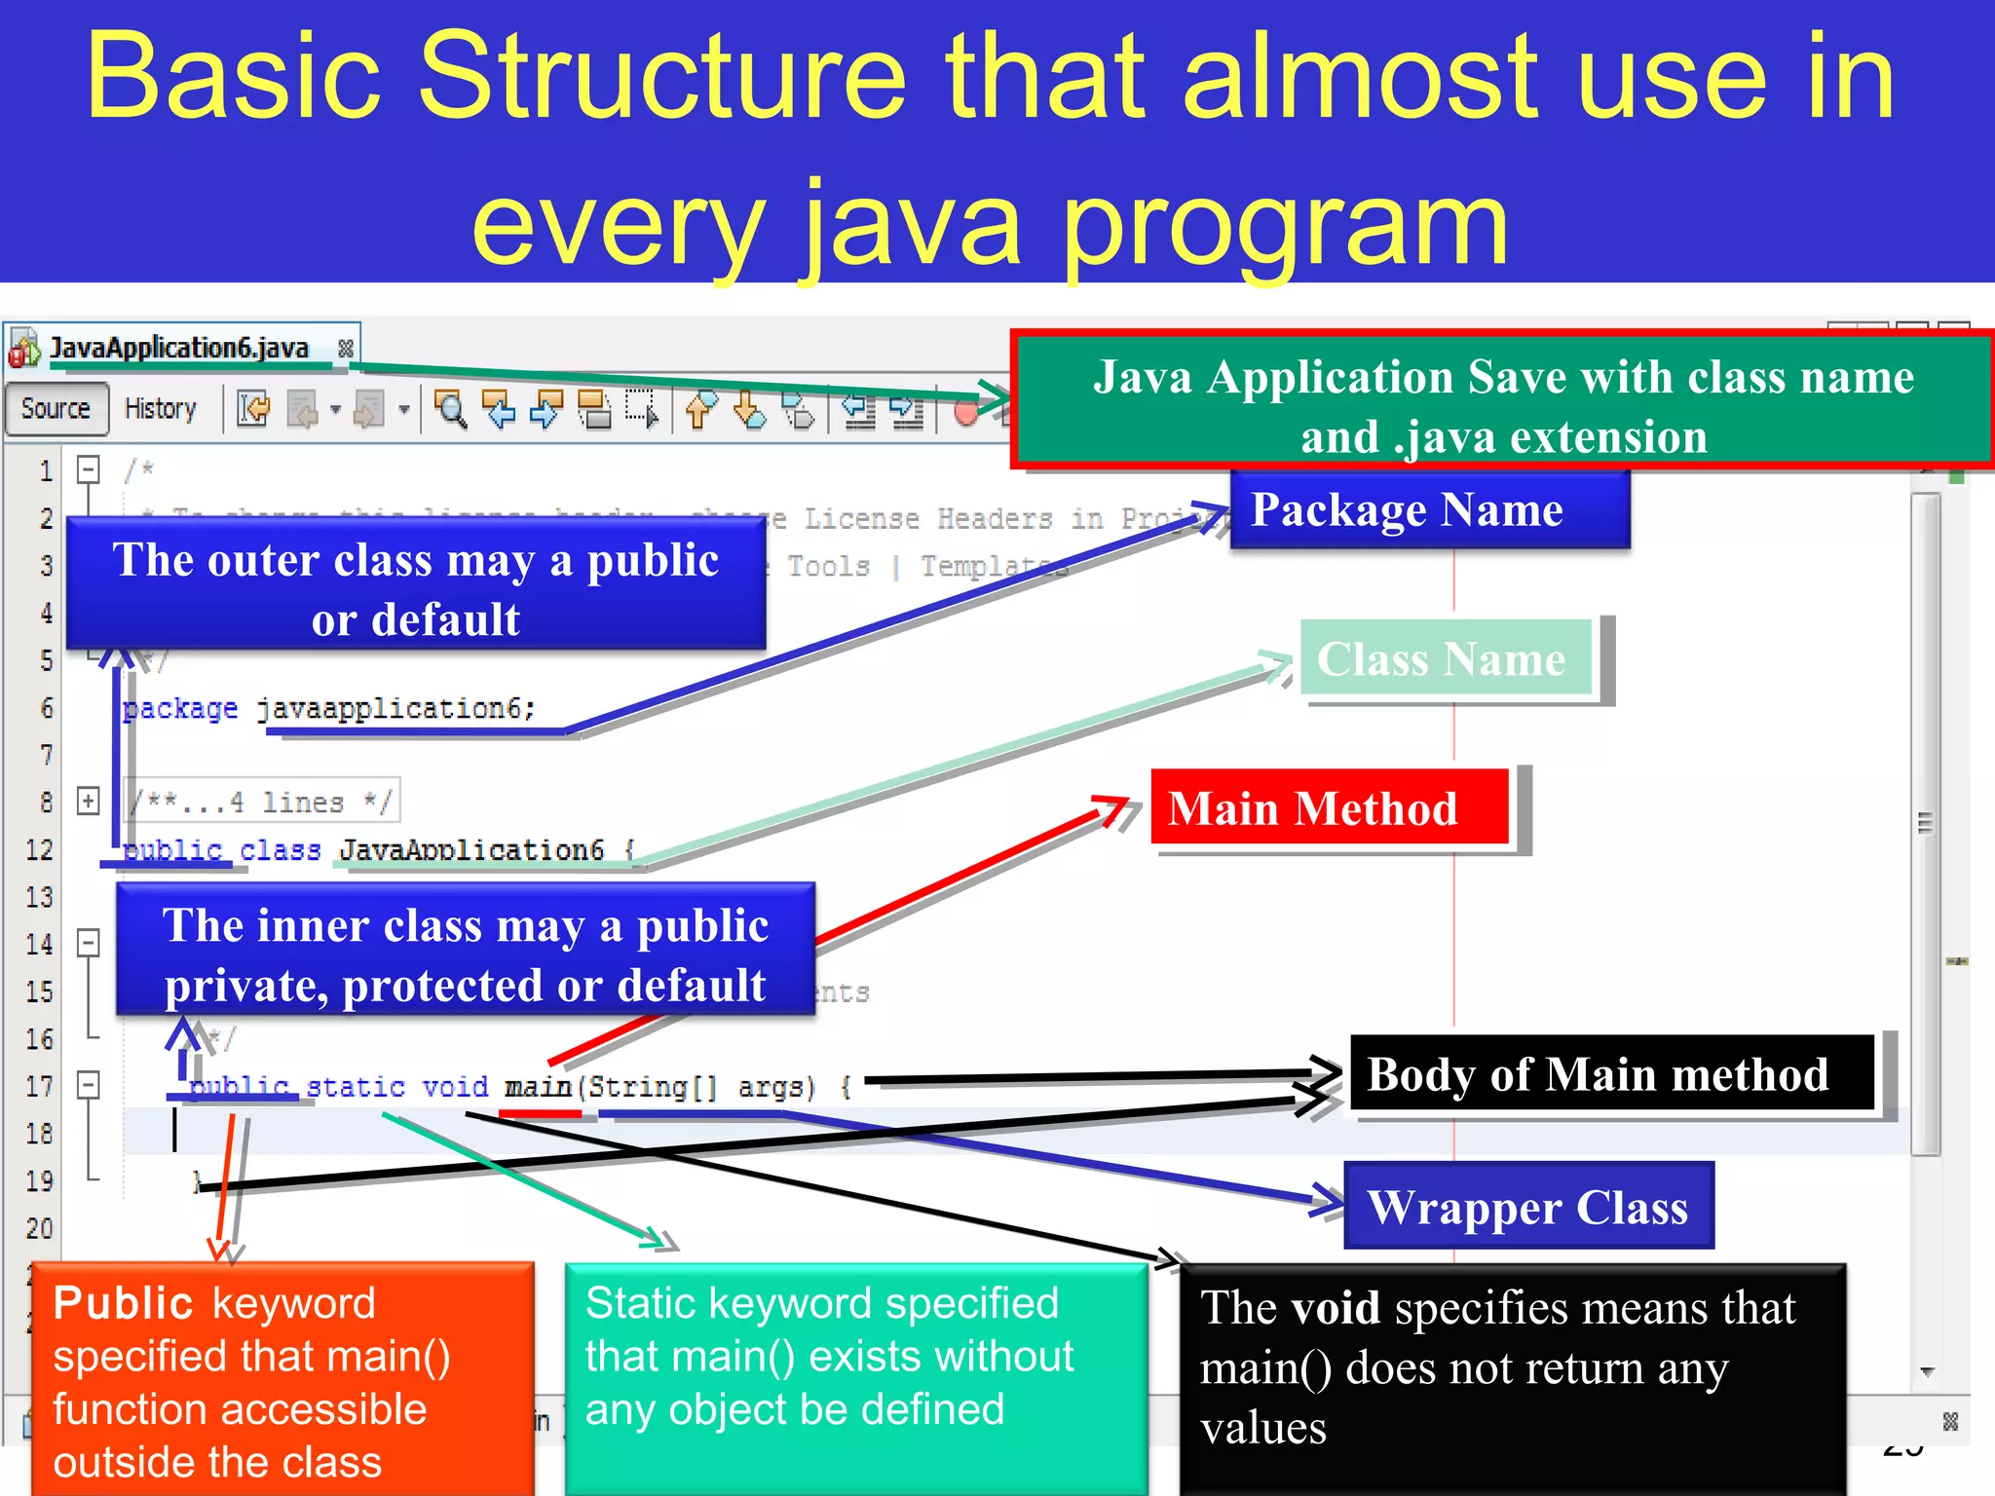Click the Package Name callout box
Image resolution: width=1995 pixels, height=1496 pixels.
[1428, 510]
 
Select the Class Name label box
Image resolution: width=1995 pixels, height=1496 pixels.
[1446, 659]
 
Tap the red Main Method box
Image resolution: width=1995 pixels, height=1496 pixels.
[1329, 808]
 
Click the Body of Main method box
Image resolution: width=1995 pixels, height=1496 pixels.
[1610, 1074]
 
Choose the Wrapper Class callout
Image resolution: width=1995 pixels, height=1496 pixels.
[1527, 1207]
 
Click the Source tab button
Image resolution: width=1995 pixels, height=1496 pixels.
[56, 409]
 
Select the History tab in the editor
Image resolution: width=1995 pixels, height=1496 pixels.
[161, 409]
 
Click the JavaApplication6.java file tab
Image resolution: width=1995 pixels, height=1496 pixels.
[179, 348]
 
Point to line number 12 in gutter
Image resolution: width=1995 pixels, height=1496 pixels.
[39, 850]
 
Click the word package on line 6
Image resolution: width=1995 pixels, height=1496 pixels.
[181, 709]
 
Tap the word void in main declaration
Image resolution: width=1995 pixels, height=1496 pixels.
[455, 1087]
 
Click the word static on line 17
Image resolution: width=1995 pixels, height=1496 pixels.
[356, 1087]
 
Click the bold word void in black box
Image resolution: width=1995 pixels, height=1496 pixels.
[1335, 1308]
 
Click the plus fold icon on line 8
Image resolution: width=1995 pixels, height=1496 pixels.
[89, 802]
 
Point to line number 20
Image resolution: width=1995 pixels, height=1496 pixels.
[39, 1228]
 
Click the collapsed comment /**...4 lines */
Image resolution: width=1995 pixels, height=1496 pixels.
[263, 803]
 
